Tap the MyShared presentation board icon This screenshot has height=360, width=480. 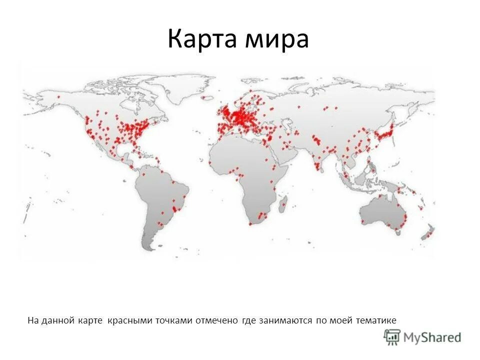tap(392, 336)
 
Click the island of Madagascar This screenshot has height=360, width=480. tap(282, 202)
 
